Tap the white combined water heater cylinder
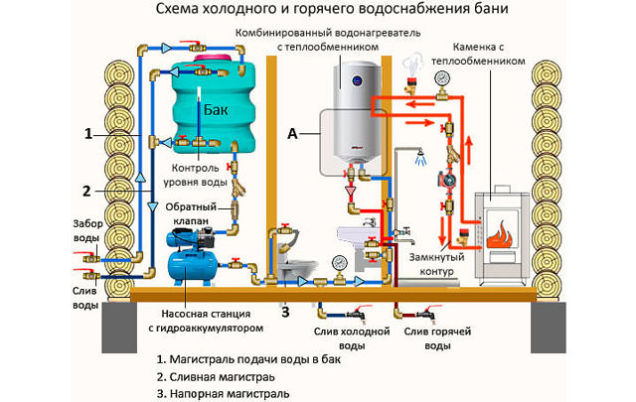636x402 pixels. point(353,114)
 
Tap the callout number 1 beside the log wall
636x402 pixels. point(88,133)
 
